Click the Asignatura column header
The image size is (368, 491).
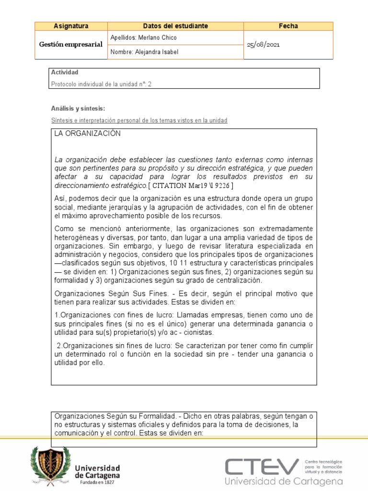(x=71, y=26)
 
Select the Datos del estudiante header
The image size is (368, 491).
(x=175, y=26)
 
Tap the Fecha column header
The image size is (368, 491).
(x=288, y=26)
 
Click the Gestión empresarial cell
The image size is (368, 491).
(x=71, y=45)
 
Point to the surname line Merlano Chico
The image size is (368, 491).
(x=144, y=37)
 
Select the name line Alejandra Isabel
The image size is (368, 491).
(x=144, y=52)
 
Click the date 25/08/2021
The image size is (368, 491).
(x=263, y=45)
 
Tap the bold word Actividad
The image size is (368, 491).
(x=64, y=72)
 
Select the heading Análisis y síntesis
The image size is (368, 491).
(x=78, y=109)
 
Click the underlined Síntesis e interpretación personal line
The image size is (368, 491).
(x=139, y=120)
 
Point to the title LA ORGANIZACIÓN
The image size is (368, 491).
(x=87, y=134)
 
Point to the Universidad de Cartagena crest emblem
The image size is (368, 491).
(x=50, y=464)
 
